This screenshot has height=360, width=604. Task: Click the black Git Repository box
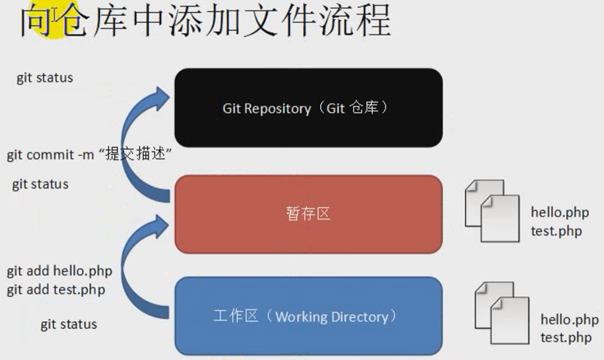308,108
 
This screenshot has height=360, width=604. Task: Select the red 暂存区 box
308,214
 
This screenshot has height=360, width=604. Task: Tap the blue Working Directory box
308,316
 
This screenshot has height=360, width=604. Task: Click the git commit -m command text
50,155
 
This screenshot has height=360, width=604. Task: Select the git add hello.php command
60,271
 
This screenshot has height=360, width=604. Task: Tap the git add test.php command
56,290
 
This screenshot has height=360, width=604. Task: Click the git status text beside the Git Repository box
45,78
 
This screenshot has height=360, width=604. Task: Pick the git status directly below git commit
40,184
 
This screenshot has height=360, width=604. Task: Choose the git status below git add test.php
69,324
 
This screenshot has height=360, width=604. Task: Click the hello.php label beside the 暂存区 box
559,212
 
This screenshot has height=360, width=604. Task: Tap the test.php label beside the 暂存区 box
556,231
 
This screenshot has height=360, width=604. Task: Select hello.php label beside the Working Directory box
569,320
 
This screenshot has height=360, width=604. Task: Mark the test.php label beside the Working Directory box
566,338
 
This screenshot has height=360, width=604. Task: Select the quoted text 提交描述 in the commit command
135,154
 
